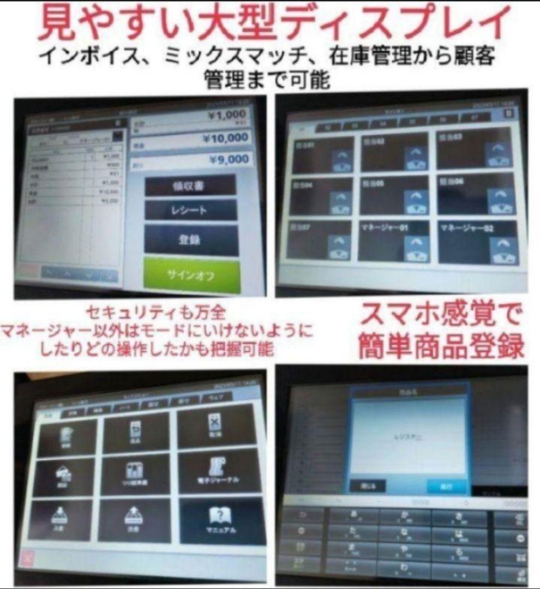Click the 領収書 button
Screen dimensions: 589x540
[x=190, y=185]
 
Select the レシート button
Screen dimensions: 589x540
[x=190, y=211]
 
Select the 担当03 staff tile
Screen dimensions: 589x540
[x=475, y=148]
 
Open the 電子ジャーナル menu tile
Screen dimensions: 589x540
[x=217, y=470]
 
